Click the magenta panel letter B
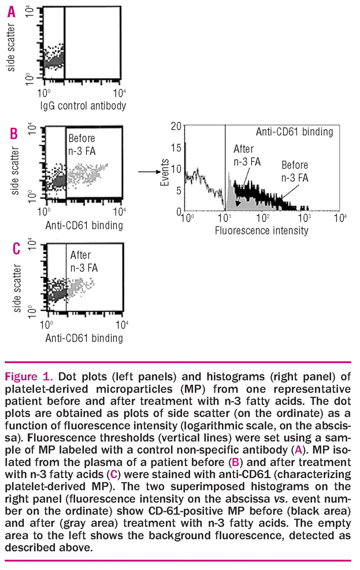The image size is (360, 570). point(14,134)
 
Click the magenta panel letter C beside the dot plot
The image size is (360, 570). point(16,249)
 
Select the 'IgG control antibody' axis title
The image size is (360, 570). point(83,106)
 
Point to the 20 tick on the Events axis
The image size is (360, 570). point(176,126)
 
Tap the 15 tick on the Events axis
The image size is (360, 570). point(176,148)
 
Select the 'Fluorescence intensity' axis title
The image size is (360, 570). point(262,231)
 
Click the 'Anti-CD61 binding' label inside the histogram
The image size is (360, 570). point(294,132)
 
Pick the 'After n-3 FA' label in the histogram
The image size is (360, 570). point(247,155)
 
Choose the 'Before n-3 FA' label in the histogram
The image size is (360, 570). point(295,171)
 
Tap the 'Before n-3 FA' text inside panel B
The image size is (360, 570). point(82,145)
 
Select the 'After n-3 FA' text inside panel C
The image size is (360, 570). point(84,261)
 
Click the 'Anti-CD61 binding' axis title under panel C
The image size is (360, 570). point(84,338)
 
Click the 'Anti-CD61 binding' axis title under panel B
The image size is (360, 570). point(84,226)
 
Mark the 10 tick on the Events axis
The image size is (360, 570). point(176,169)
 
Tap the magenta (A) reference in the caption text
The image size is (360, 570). point(298,450)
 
